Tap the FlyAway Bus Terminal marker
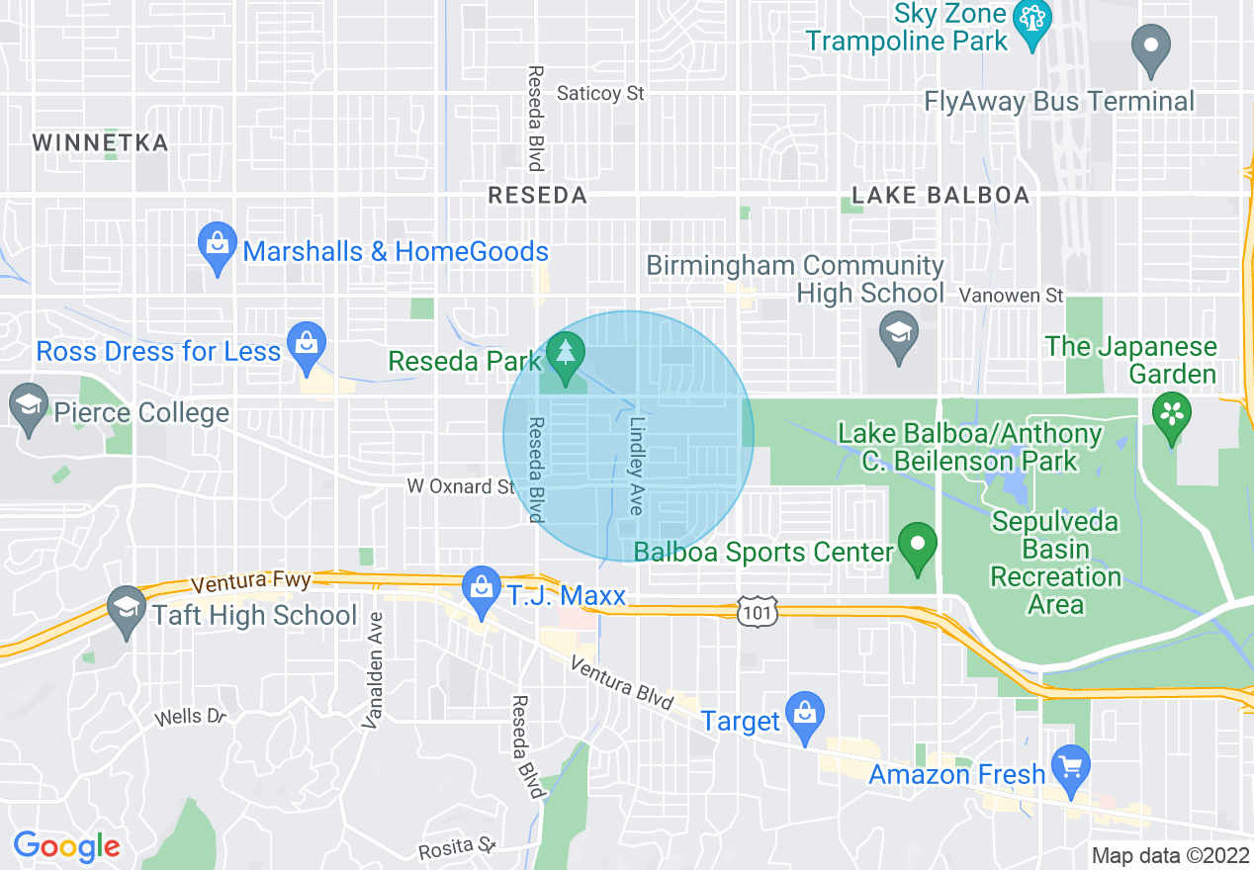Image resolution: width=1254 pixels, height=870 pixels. pos(1151,49)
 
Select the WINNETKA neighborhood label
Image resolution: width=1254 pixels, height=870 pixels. pos(100,142)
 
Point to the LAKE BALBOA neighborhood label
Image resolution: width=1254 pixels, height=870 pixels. pos(940,195)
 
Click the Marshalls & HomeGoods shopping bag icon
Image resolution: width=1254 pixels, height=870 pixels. pos(217,248)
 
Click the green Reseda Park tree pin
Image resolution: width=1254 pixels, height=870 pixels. pos(566,358)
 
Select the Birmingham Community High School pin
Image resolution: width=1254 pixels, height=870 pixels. pos(899,336)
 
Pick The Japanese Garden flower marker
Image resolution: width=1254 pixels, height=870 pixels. pos(1172,417)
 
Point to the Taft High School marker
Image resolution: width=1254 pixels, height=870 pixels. pos(127,611)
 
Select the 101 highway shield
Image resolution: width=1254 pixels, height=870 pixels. pos(759,611)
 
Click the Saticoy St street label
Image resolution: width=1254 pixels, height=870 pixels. pos(600,93)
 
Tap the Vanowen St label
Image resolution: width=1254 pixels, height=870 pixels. pos(1012,295)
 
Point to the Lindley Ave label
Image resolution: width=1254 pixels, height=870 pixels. pos(636,464)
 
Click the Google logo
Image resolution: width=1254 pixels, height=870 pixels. pos(66,846)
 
